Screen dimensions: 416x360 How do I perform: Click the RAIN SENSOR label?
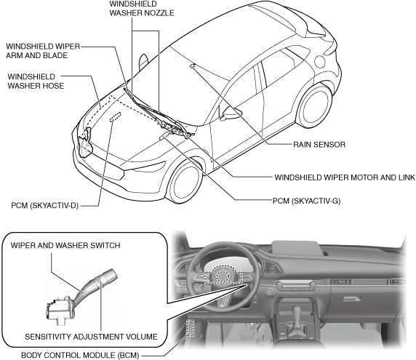(x=319, y=145)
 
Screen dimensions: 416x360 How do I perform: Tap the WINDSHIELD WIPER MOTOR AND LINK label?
(x=345, y=177)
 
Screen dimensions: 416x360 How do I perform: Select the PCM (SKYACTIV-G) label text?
(x=306, y=201)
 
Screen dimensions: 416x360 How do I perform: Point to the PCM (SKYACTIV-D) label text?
(x=45, y=206)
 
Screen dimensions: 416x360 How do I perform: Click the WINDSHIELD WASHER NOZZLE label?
(x=142, y=9)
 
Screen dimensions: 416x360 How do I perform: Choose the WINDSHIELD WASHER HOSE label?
(x=36, y=81)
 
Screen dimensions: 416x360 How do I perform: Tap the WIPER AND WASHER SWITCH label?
(x=65, y=245)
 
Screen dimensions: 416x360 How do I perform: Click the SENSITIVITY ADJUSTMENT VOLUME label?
(x=91, y=337)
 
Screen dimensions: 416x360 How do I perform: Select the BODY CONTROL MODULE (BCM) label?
(x=80, y=355)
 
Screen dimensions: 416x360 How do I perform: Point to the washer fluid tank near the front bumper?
(x=85, y=143)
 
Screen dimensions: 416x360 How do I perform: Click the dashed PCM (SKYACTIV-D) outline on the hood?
(x=116, y=116)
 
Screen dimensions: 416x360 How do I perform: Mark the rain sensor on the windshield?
(x=193, y=65)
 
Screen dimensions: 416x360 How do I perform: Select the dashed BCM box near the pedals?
(x=191, y=328)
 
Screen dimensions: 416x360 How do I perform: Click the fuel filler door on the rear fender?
(x=320, y=62)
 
